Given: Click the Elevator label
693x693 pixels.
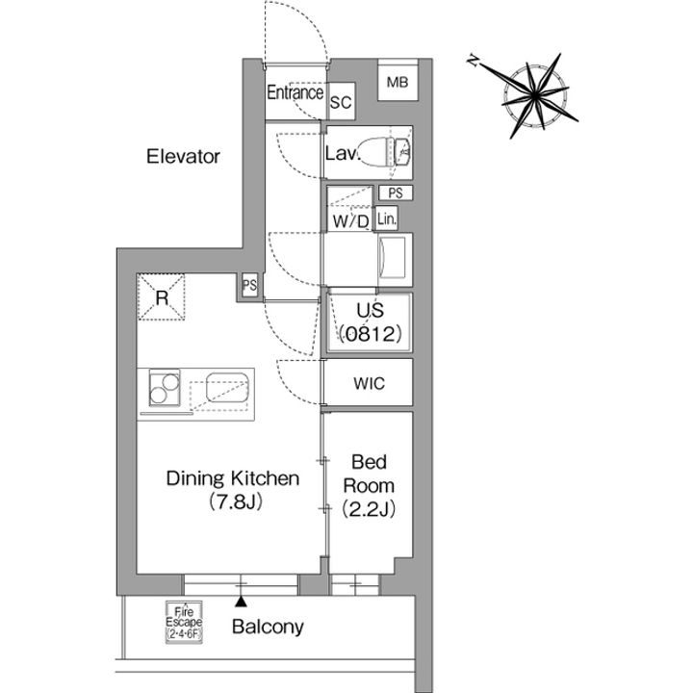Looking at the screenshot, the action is [183, 157].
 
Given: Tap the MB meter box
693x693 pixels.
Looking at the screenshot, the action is [398, 81].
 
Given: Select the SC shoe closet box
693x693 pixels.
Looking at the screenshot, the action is [341, 101].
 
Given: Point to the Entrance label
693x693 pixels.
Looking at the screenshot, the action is [295, 92].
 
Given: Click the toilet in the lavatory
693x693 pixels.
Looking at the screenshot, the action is [384, 151].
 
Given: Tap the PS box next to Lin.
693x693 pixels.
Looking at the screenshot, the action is [396, 192].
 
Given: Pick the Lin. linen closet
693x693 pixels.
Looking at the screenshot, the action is [387, 218].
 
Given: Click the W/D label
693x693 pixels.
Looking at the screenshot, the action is [351, 221].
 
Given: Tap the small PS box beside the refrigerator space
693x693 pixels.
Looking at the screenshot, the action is [249, 285].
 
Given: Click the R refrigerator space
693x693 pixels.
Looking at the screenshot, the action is [161, 296].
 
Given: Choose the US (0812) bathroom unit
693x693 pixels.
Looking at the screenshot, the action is [370, 322].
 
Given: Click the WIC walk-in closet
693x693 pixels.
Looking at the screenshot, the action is [369, 382].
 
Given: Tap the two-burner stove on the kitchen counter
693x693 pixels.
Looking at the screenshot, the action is [165, 387].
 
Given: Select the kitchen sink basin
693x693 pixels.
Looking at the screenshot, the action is [227, 387].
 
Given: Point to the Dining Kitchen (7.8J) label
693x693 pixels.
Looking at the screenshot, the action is [233, 490].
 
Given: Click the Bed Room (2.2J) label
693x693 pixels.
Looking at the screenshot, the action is [369, 486].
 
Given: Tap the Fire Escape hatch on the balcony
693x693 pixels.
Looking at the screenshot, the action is [184, 622].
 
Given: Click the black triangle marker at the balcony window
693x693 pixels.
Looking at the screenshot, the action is [241, 601].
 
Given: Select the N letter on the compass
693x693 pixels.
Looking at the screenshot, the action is [474, 61].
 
